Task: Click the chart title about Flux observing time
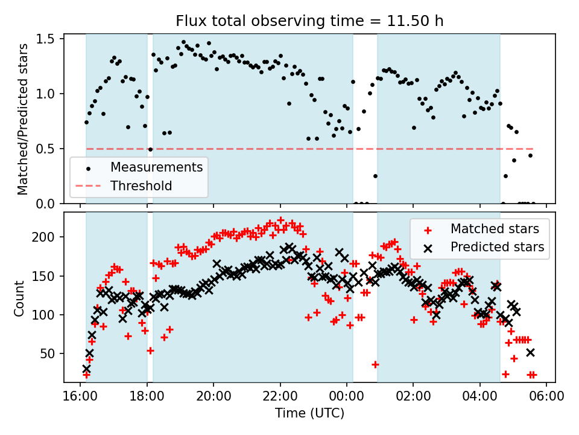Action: pyautogui.click(x=309, y=21)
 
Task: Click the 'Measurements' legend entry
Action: pyautogui.click(x=156, y=167)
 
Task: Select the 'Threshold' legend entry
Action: pyautogui.click(x=141, y=185)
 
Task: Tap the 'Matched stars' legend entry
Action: pyautogui.click(x=495, y=228)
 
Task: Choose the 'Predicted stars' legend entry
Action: pyautogui.click(x=497, y=246)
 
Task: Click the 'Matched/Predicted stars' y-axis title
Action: pyautogui.click(x=22, y=119)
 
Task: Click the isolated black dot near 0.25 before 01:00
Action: pyautogui.click(x=375, y=176)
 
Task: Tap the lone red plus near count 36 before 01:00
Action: pyautogui.click(x=375, y=364)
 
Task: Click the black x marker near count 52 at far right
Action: pyautogui.click(x=530, y=352)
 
